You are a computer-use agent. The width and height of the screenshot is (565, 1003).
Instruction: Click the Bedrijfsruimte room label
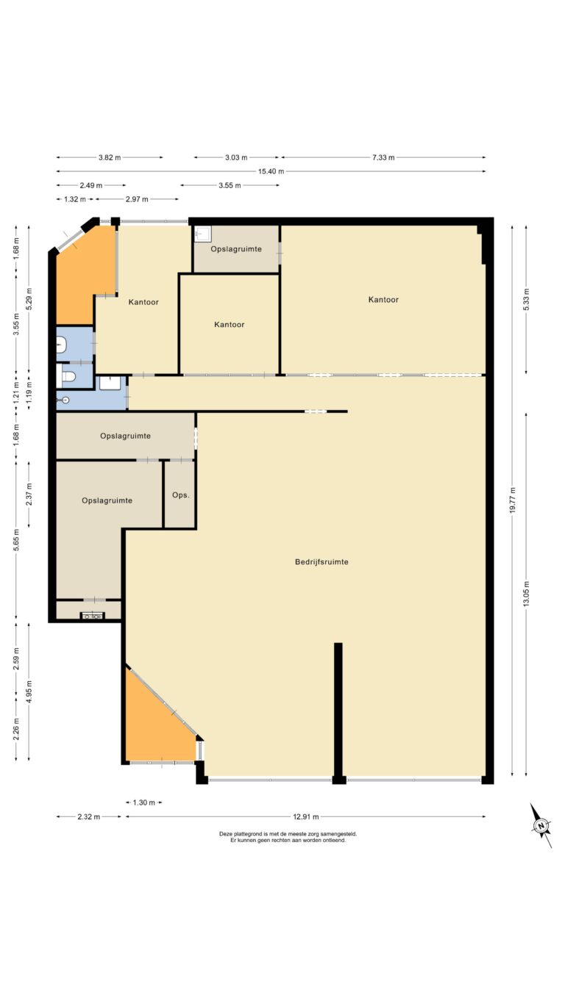point(321,562)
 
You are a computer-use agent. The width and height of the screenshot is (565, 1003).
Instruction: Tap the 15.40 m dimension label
point(271,171)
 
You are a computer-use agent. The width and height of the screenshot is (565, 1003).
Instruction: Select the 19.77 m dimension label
point(513,500)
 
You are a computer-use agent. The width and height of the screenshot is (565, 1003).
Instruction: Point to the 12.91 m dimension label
point(306,817)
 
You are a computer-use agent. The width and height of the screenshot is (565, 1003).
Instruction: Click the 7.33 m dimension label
point(383,157)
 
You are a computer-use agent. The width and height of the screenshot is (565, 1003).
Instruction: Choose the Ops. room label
point(181,495)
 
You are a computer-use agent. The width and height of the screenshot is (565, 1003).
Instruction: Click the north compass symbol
point(541,826)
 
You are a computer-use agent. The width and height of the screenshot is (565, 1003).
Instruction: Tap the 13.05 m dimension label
point(526,594)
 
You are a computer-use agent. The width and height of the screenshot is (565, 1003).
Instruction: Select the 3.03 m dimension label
point(236,157)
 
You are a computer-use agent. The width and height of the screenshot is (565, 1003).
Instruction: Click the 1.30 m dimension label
point(144,802)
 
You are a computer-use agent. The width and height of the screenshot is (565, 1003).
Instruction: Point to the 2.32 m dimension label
point(89,817)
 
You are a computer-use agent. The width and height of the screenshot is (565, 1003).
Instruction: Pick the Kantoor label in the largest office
point(383,300)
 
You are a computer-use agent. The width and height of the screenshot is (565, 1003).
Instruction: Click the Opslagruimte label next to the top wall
point(236,249)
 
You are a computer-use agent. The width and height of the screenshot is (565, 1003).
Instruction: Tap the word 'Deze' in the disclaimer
point(225,834)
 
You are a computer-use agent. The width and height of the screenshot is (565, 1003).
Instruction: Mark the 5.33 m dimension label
point(526,300)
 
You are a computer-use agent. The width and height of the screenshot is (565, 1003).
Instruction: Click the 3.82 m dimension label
point(110,157)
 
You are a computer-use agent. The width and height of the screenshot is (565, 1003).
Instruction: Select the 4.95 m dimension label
point(29,691)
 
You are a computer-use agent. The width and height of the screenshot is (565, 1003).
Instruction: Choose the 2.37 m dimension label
point(29,494)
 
